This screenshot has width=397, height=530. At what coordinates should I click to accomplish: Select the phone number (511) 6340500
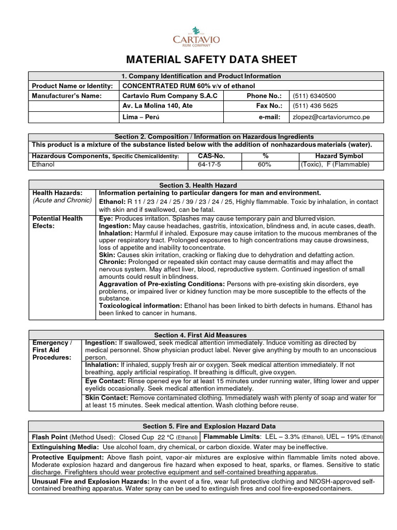[314, 96]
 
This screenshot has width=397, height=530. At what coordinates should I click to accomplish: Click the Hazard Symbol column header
[339, 156]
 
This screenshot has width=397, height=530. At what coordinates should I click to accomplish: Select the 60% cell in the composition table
[265, 165]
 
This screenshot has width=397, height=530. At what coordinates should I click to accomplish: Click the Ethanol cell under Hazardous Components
[43, 165]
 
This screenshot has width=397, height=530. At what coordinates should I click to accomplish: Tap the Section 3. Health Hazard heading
[206, 185]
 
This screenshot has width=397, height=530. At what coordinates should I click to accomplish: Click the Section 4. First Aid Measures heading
[206, 335]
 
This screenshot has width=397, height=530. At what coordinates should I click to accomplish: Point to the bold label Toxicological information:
[140, 306]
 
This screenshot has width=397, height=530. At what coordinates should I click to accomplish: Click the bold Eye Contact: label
[105, 381]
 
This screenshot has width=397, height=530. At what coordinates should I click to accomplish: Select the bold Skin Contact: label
[106, 397]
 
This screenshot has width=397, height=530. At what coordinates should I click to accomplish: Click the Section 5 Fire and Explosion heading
[206, 426]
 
